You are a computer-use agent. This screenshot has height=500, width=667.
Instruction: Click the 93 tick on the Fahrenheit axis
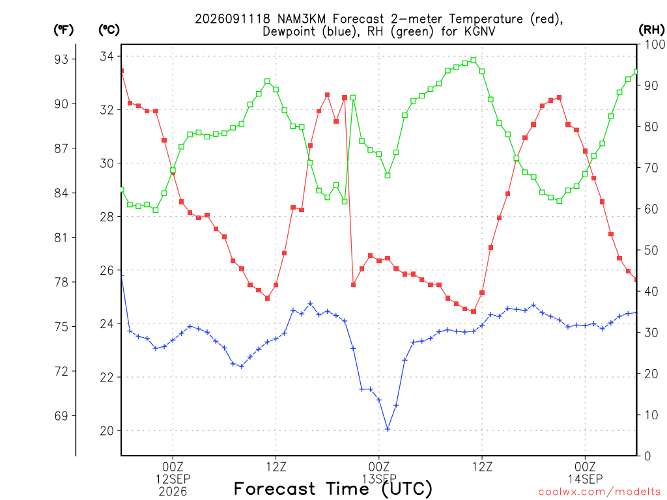point(61,59)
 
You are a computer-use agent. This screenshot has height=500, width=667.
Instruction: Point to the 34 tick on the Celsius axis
point(107,57)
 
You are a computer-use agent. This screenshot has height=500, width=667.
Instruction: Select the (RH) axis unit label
point(651,30)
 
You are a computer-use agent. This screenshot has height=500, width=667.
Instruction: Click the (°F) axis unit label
point(63,30)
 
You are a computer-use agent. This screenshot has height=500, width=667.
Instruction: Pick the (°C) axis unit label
point(109,30)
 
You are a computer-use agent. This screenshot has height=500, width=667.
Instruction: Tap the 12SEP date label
point(173,479)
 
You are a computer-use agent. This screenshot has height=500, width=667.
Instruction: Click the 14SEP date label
point(586,479)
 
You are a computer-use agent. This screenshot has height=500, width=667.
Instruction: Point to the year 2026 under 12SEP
point(173,492)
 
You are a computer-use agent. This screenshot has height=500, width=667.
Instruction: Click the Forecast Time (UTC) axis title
point(333,489)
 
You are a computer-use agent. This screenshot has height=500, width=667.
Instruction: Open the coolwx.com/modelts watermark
point(599,492)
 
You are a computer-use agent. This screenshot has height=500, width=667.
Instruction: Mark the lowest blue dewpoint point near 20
point(388,429)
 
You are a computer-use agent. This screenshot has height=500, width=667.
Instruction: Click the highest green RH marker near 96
point(474,61)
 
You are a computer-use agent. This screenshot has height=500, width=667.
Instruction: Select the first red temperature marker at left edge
point(122,70)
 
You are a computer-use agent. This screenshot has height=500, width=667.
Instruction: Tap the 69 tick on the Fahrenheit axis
point(61,416)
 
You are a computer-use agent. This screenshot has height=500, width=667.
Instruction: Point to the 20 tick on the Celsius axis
point(107,431)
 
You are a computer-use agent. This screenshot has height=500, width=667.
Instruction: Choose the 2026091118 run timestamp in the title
point(233,19)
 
